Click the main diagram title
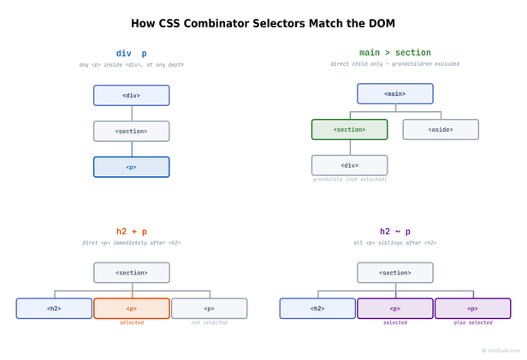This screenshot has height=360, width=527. tap(263, 24)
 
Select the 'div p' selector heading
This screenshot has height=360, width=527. tap(131, 53)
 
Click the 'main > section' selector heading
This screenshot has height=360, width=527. tap(394, 53)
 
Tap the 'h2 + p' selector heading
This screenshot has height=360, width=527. tap(131, 231)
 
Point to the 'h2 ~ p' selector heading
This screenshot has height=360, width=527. tap(394, 231)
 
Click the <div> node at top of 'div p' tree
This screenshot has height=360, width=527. tap(131, 95)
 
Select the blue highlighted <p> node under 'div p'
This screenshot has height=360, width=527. tap(131, 167)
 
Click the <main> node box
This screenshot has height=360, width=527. tap(394, 93)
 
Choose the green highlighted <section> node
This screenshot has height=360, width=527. tap(349, 129)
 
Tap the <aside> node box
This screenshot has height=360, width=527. tap(441, 129)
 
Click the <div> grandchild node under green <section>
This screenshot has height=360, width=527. tap(349, 165)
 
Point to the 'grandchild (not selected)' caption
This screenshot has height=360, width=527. tap(349, 180)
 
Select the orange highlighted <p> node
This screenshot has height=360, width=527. tap(131, 308)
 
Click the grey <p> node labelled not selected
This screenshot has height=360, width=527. tap(209, 308)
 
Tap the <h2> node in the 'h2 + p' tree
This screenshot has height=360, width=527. tap(54, 308)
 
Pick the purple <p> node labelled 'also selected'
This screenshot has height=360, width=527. tap(472, 308)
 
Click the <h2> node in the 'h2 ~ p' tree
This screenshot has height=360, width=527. tap(317, 308)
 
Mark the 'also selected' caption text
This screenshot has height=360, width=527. tap(472, 323)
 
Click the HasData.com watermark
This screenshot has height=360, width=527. tap(500, 351)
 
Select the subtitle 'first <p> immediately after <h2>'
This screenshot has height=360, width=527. tap(131, 243)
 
